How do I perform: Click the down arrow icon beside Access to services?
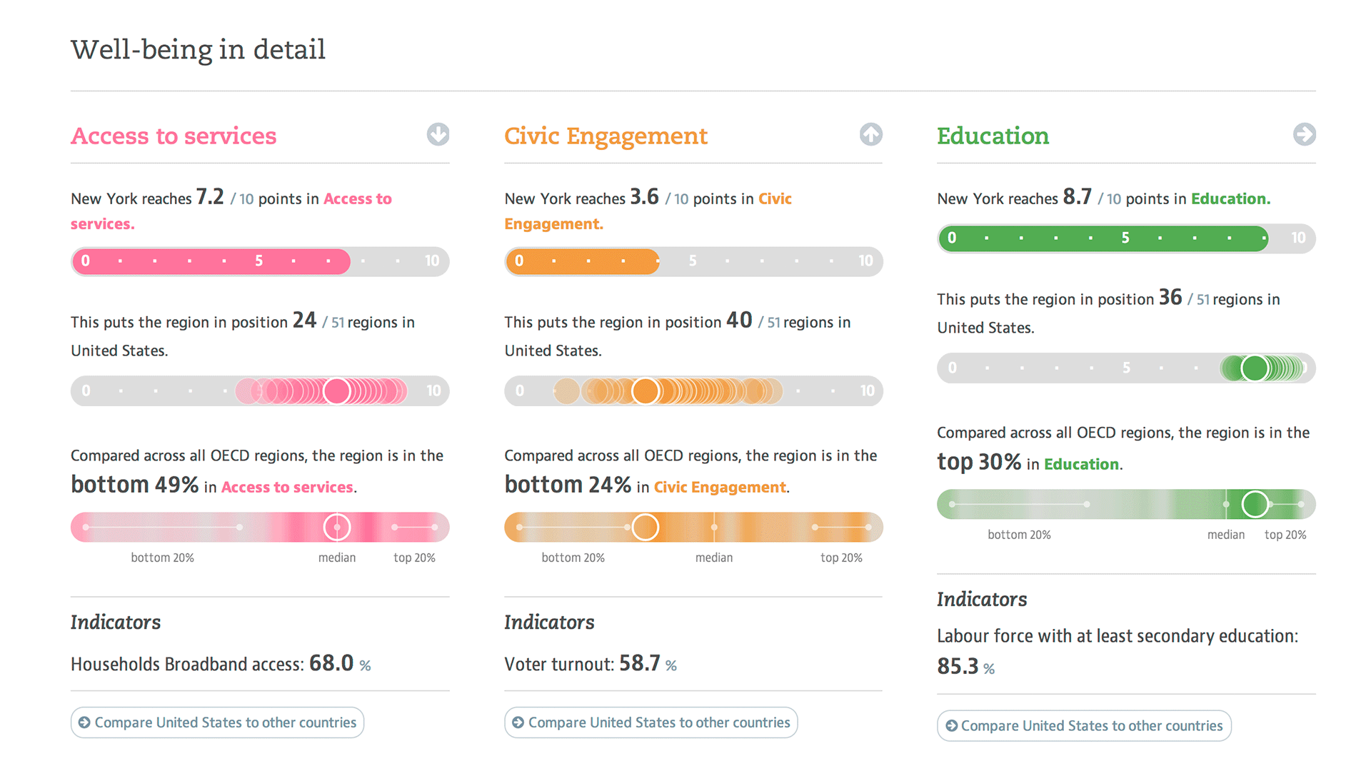tap(438, 134)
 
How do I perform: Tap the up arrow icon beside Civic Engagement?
tap(870, 134)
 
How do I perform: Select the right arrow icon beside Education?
tap(1304, 134)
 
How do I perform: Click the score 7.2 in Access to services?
tap(210, 197)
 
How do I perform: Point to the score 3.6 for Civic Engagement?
tap(644, 197)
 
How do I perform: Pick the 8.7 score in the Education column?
tap(1077, 197)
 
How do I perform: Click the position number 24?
tap(304, 321)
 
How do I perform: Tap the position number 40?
tap(739, 321)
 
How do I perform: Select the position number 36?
tap(1170, 298)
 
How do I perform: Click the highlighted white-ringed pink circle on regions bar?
tap(337, 391)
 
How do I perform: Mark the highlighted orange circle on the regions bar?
tap(646, 391)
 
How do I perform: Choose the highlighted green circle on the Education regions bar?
tap(1255, 368)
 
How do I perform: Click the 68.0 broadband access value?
tap(331, 663)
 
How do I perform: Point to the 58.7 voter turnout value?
tap(639, 663)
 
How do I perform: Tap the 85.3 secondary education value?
tap(958, 666)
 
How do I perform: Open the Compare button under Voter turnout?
tap(651, 722)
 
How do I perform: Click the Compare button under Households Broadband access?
tap(217, 722)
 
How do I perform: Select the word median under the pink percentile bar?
tap(337, 558)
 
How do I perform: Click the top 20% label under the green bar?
tap(1285, 535)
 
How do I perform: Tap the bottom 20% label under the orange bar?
tap(573, 558)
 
